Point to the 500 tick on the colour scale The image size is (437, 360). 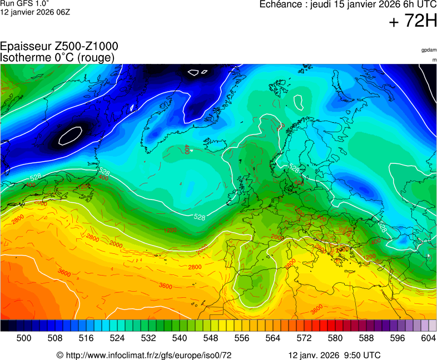click(x=24, y=338)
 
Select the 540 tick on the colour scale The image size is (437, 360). click(x=180, y=338)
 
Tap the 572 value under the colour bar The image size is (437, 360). click(x=304, y=338)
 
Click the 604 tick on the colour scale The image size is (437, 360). click(x=428, y=338)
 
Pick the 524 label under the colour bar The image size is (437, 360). click(x=117, y=338)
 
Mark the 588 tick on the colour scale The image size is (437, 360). click(x=366, y=338)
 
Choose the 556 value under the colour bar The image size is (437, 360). click(x=242, y=338)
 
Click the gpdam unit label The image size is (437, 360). click(x=429, y=50)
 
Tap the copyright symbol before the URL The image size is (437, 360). click(x=60, y=355)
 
